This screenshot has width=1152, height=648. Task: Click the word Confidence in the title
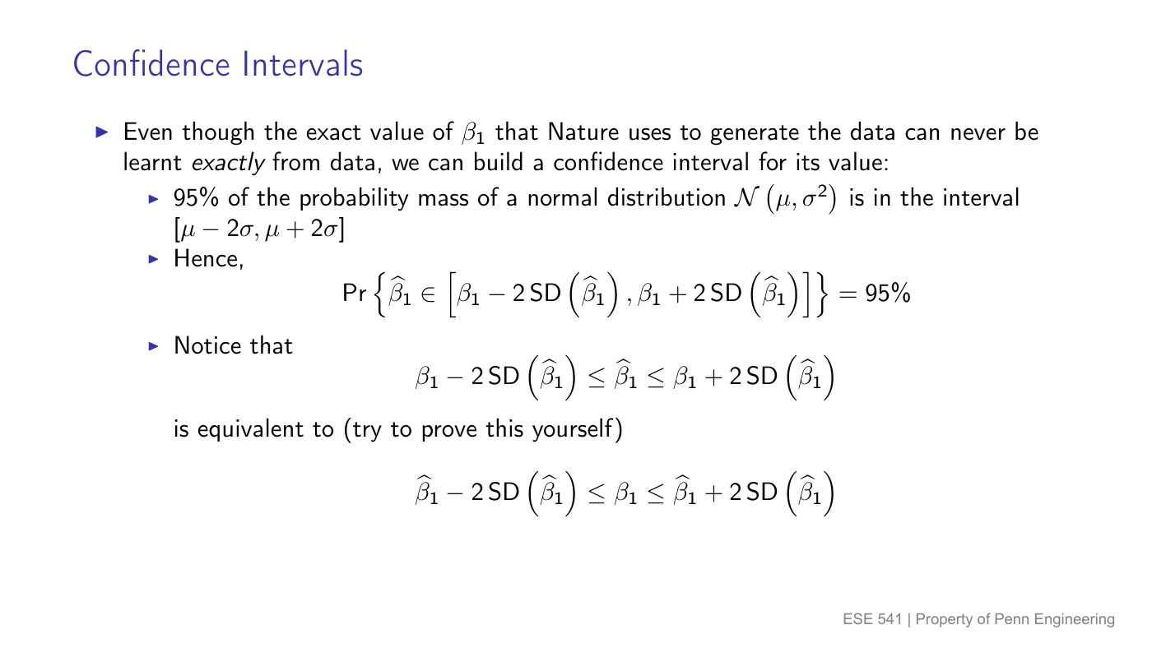[x=151, y=64]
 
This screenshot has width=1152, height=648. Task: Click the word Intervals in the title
[x=303, y=64]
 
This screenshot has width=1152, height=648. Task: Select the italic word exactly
[x=228, y=164]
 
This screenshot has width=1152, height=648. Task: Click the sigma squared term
[x=815, y=197]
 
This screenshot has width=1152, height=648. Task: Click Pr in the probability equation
[x=355, y=294]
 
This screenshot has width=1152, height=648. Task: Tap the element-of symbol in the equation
[x=427, y=294]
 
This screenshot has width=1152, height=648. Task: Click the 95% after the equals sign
[x=888, y=294]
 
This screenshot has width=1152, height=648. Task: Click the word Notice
[x=207, y=345]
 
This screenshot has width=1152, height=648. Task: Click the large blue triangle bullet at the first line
[x=102, y=132]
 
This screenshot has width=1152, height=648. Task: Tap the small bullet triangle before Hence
[x=153, y=258]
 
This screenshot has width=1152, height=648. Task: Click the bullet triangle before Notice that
[x=153, y=346]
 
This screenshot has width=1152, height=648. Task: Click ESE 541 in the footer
[x=872, y=618]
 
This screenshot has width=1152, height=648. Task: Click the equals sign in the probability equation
[x=848, y=294]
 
